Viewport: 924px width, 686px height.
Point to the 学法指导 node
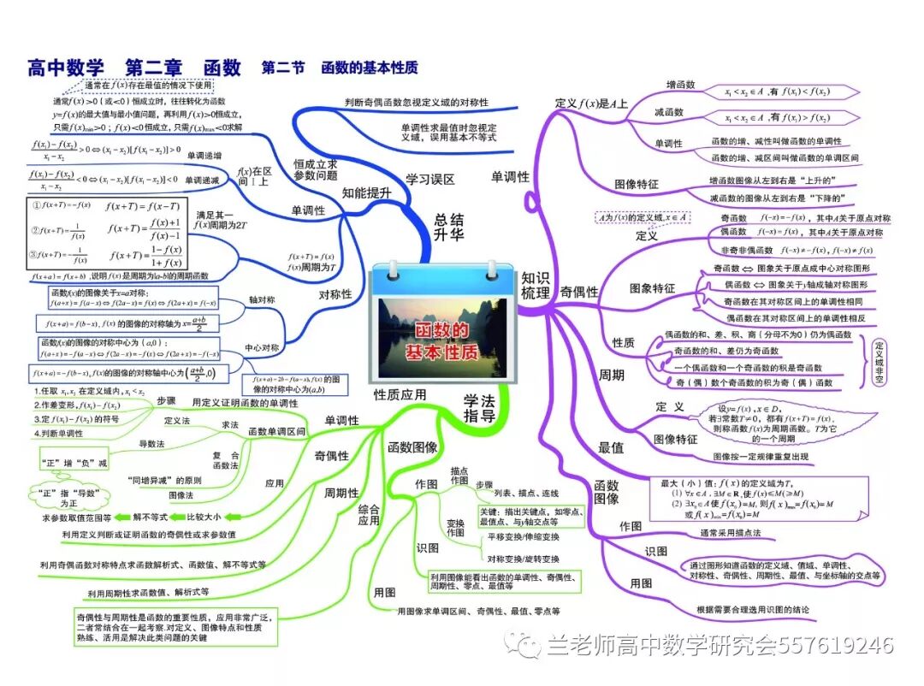pos(480,409)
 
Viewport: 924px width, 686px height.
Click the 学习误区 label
pos(430,180)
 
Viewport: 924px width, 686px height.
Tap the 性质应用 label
pos(400,394)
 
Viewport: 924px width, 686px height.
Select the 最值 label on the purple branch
pos(611,446)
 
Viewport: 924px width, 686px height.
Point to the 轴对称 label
pos(262,301)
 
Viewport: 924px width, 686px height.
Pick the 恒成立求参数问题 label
pos(316,169)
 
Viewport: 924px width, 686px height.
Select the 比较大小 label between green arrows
pos(204,517)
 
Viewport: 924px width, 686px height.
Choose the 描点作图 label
pos(459,476)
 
